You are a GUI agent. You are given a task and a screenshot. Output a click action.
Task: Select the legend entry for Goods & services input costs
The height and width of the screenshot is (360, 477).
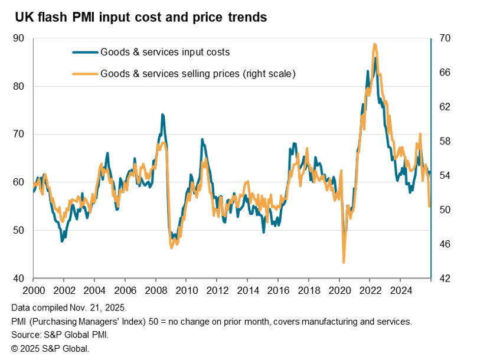[x=165, y=52]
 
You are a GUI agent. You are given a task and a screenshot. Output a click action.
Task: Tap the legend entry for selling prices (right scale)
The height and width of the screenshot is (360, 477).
[x=198, y=74]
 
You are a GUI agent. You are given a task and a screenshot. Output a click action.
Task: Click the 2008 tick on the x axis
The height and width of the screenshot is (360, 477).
[x=155, y=290]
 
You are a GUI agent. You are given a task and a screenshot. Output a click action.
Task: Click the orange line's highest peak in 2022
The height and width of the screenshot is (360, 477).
[x=374, y=44]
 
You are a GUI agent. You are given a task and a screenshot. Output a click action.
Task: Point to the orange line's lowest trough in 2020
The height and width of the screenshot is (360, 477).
[x=344, y=262]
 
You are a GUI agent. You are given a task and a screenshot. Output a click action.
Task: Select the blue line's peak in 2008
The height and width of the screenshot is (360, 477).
[x=162, y=114]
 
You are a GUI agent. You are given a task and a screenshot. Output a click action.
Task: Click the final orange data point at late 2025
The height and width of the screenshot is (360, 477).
[x=429, y=207]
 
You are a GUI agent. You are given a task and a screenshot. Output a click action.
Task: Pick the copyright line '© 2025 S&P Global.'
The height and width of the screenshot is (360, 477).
[x=50, y=348]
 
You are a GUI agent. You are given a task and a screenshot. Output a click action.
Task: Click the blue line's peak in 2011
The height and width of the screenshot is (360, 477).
[x=202, y=139]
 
